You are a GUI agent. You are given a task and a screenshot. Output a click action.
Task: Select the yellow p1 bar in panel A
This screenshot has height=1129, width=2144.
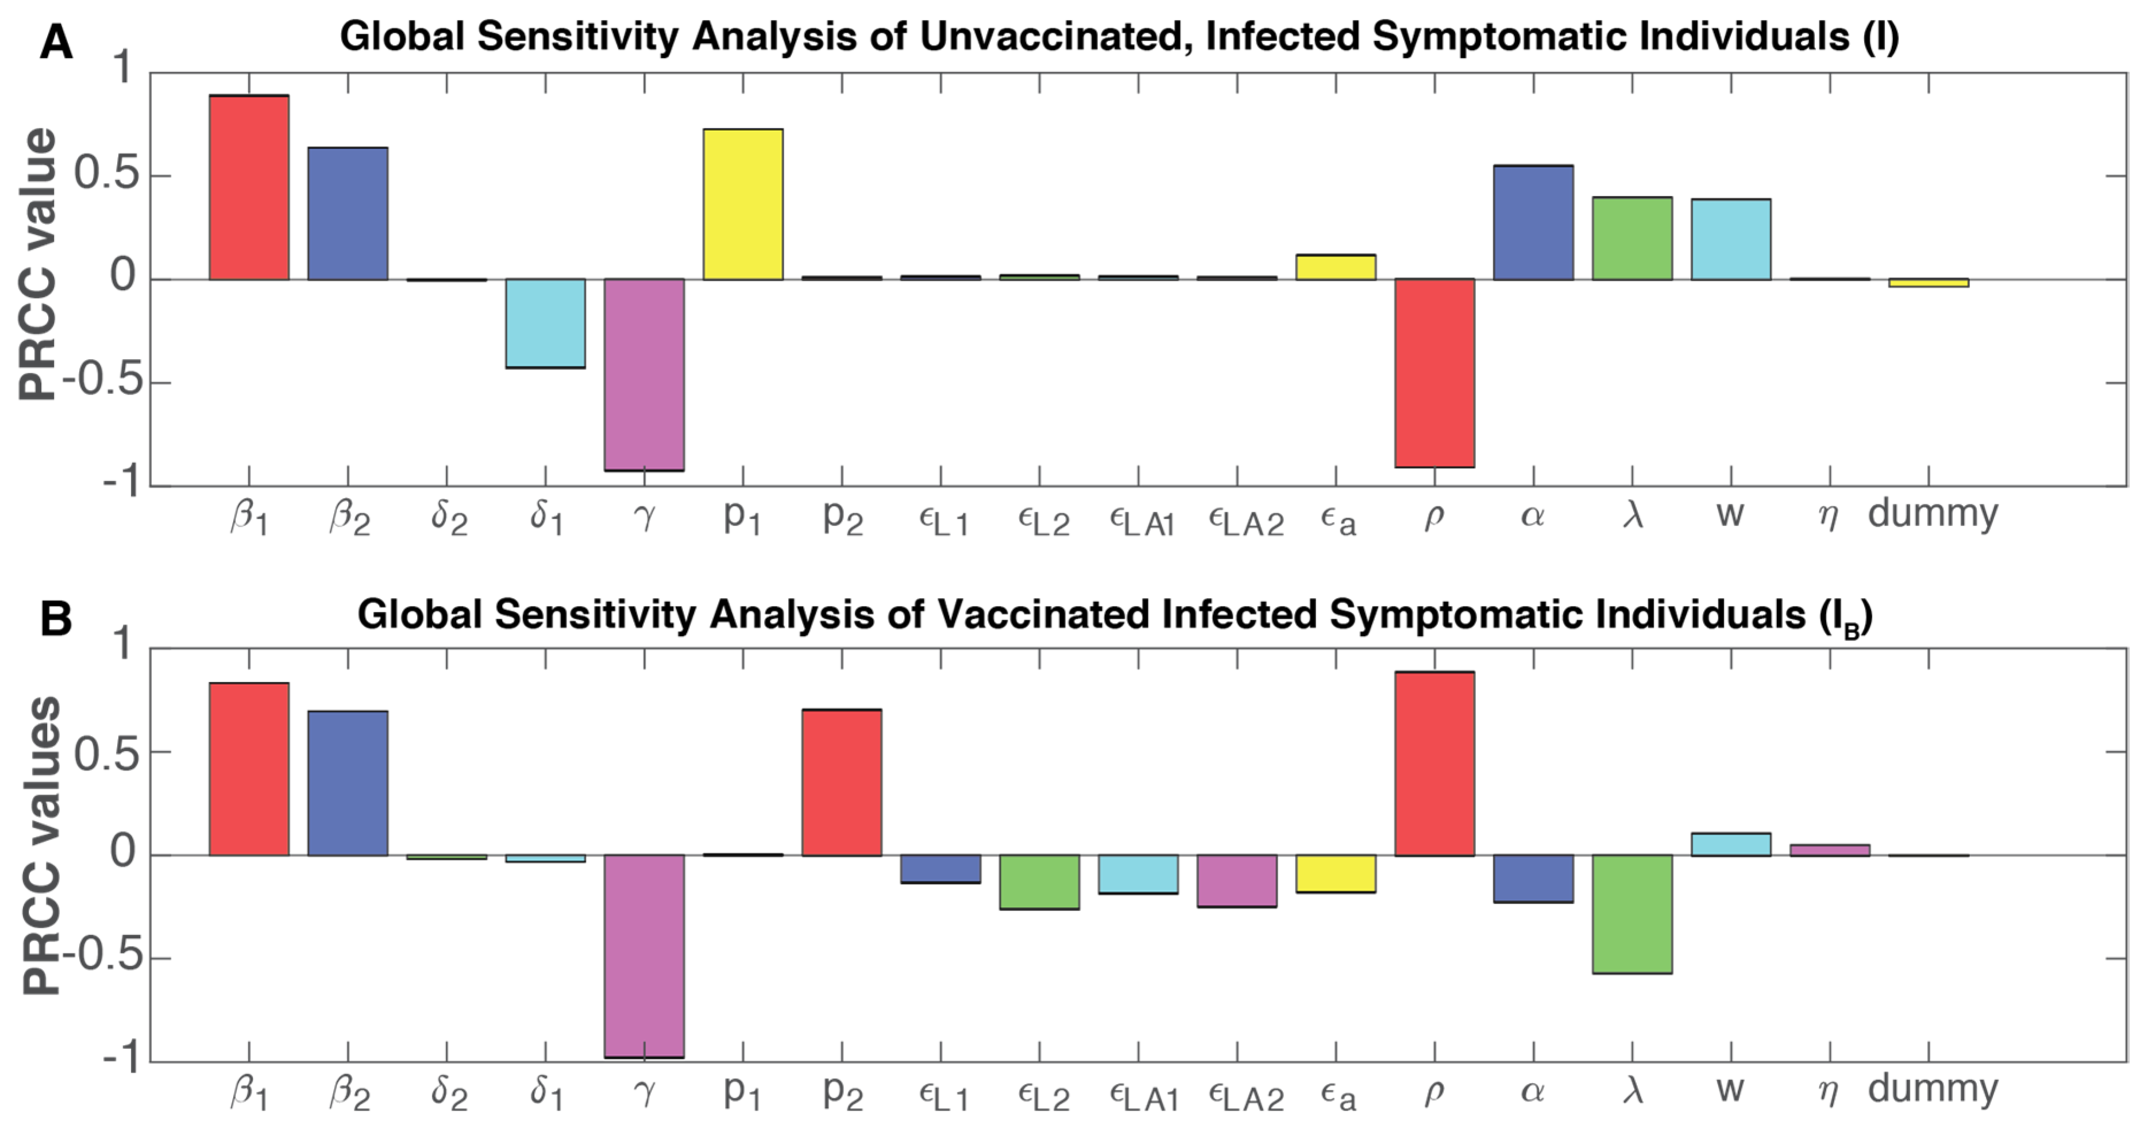coord(742,204)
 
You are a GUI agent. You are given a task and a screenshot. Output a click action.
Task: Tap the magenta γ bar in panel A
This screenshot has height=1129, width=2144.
coord(644,375)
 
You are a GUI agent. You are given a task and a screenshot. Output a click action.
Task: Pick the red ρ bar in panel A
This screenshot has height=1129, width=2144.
coord(1434,373)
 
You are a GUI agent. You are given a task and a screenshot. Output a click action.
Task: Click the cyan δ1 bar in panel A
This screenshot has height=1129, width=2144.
coord(545,323)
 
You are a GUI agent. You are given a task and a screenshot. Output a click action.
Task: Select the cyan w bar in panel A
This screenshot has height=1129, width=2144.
coord(1730,239)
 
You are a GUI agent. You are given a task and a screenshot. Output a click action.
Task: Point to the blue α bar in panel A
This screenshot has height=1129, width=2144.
coord(1533,222)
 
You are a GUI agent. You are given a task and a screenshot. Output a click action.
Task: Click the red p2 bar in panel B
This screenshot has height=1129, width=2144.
coord(842,782)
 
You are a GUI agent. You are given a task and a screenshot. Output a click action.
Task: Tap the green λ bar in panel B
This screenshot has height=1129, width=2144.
coord(1632,914)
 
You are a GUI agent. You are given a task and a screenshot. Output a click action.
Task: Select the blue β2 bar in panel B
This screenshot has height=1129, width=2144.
coord(348,783)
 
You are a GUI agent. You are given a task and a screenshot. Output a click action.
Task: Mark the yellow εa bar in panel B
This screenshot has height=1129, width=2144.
coord(1335,873)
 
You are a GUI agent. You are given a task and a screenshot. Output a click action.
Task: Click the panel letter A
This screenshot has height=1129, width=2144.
coord(56,41)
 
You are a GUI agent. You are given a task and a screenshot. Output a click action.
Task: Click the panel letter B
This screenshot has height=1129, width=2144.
coord(56,619)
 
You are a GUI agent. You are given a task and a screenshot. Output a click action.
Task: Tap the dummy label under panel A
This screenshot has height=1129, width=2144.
coord(1932,513)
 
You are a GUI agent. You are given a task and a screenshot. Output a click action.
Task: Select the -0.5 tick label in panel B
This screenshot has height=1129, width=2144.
coord(102,956)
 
